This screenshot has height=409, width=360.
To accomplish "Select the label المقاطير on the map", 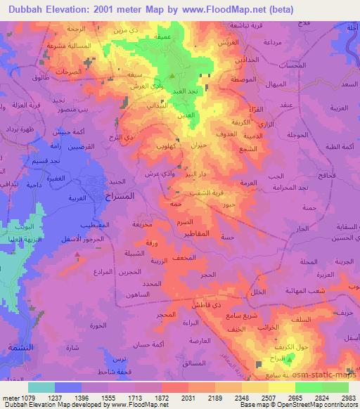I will coord(211,233).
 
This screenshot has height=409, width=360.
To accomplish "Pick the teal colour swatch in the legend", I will coord(41,387).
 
